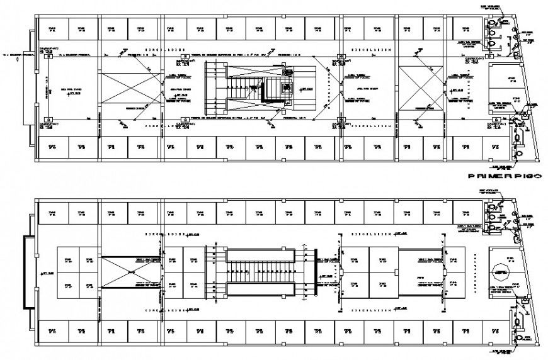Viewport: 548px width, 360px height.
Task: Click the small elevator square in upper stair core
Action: click(x=288, y=88)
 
